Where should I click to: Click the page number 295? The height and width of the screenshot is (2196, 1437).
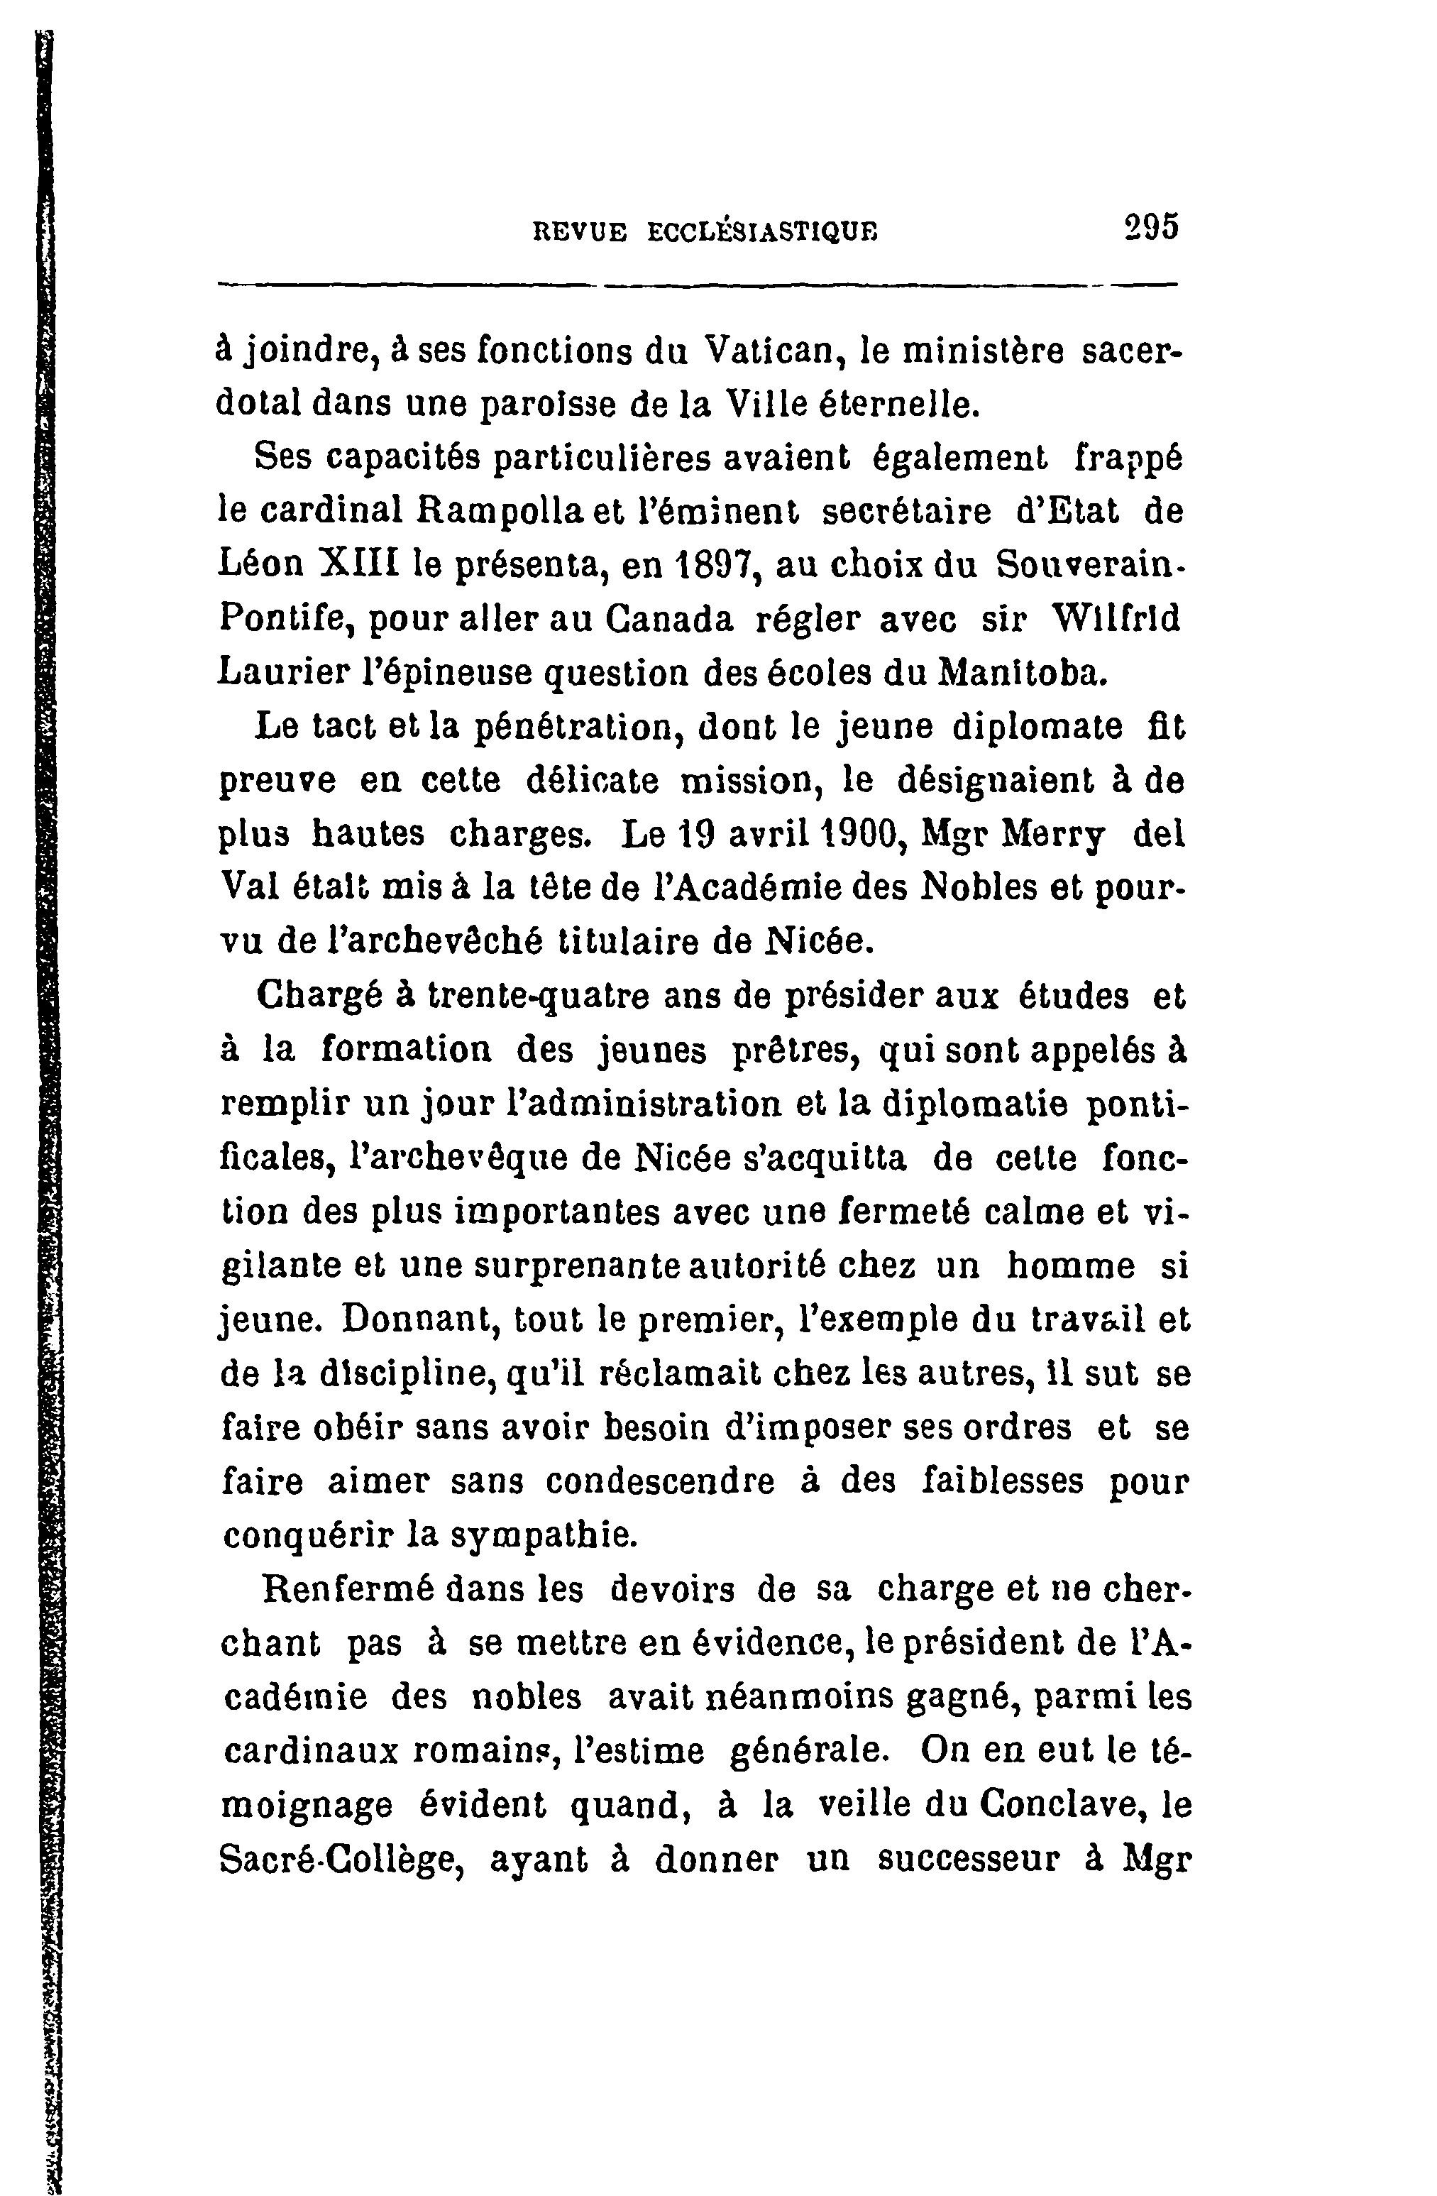pos(1151,227)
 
